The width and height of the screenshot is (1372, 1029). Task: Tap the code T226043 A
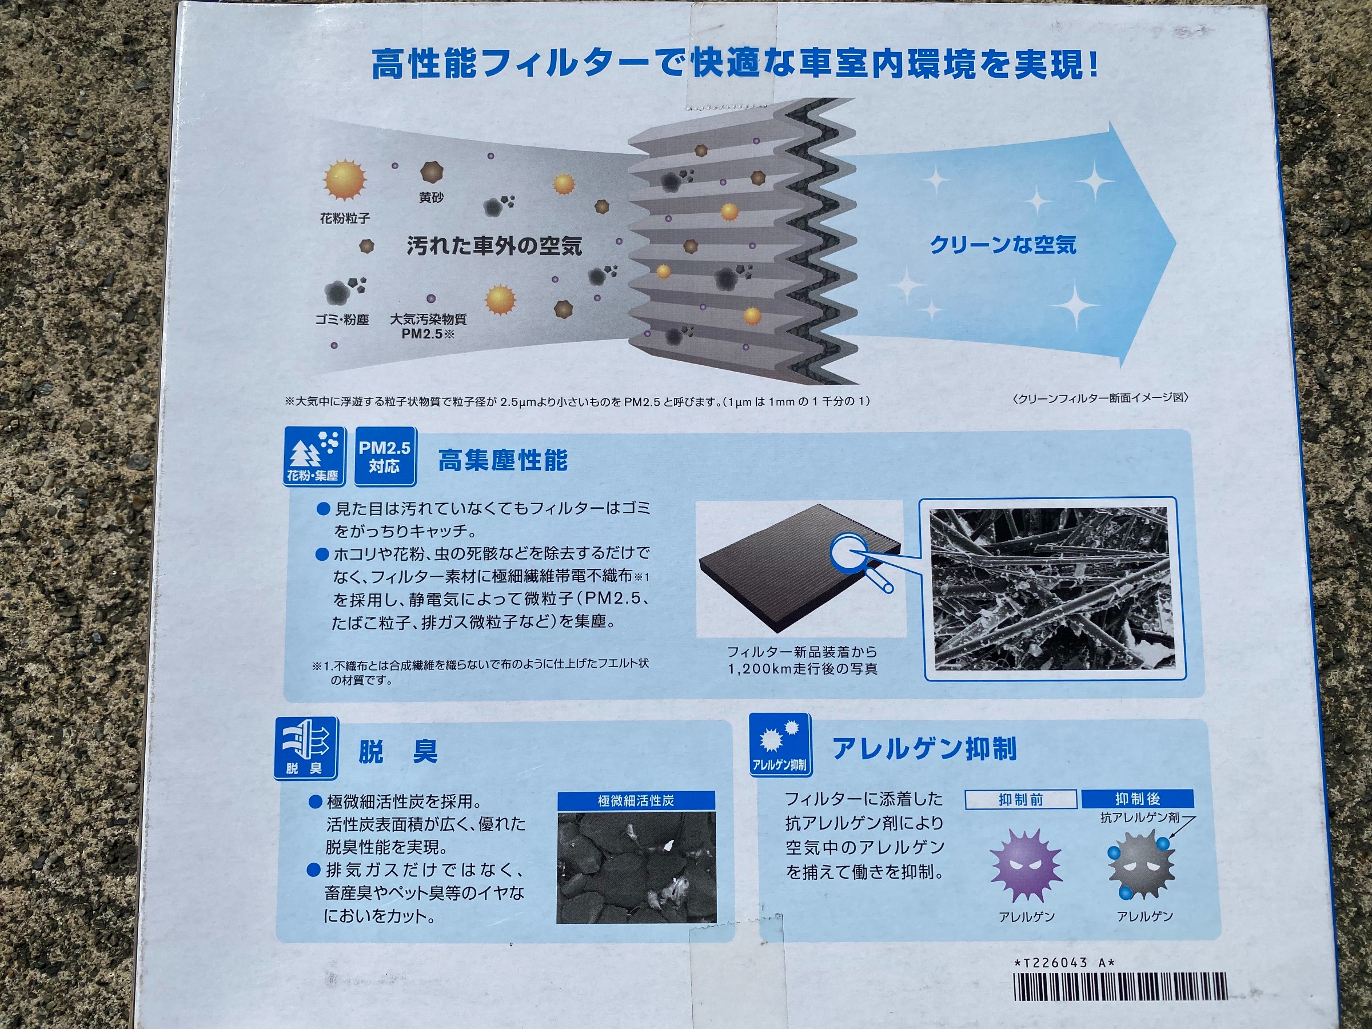tap(1064, 963)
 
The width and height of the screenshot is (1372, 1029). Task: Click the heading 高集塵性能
tap(502, 461)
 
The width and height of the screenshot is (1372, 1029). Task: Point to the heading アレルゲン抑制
tap(924, 749)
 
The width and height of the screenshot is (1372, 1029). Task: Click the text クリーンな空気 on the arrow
tap(1003, 246)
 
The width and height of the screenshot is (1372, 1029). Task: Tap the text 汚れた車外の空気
tap(494, 246)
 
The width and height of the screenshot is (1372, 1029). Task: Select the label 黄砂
tap(431, 198)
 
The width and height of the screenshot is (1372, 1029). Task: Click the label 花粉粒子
tap(345, 218)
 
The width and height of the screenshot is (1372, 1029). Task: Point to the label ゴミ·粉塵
tap(342, 320)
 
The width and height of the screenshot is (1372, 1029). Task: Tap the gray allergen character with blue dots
tap(1140, 864)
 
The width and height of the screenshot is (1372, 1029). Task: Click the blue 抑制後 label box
tap(1138, 799)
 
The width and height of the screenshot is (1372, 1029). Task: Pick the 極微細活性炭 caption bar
tap(636, 801)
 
